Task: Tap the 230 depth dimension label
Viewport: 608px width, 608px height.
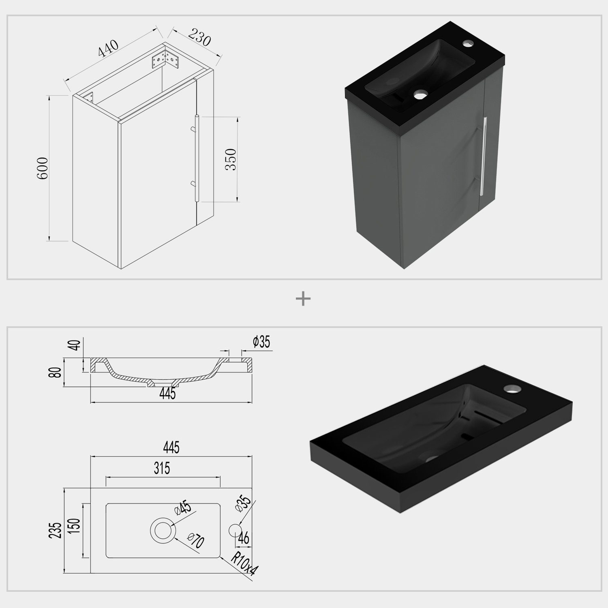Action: click(x=199, y=37)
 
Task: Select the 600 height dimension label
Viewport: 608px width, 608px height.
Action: click(x=43, y=168)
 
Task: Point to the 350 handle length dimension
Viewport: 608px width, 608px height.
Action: click(x=230, y=159)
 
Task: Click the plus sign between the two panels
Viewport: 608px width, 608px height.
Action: click(x=303, y=299)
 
